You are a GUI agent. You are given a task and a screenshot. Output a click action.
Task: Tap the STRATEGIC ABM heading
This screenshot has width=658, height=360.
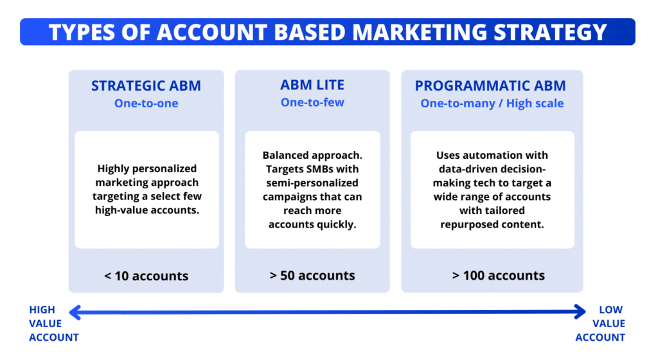click(146, 86)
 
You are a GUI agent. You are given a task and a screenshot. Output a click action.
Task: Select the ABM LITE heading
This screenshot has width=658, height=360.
click(312, 85)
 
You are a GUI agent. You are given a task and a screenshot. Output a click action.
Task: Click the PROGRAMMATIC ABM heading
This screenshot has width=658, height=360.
click(492, 86)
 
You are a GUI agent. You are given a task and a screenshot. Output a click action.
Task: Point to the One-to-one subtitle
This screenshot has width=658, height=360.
click(146, 103)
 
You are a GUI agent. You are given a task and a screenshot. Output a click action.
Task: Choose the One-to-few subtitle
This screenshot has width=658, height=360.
click(312, 102)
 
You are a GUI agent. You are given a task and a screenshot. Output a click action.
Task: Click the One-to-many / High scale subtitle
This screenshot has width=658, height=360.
click(492, 103)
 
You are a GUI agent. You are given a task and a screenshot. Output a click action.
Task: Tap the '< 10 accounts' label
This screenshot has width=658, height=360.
click(146, 276)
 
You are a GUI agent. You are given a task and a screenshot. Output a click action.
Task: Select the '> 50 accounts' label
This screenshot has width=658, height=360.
click(312, 275)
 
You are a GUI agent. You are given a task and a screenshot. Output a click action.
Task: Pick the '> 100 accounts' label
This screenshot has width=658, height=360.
click(498, 275)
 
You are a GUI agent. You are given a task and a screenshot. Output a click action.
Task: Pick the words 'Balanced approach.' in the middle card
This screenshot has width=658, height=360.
click(312, 156)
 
